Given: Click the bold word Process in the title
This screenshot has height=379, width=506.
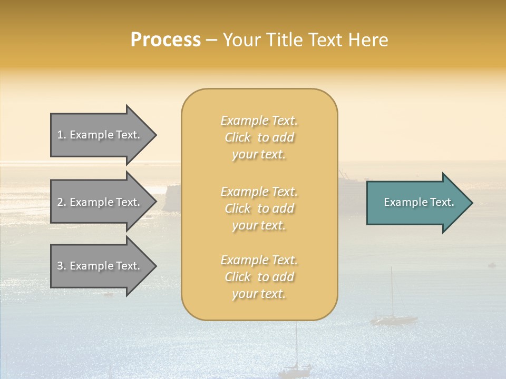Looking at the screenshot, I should pyautogui.click(x=166, y=40).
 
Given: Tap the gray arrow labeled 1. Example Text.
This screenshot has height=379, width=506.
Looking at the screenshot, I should pyautogui.click(x=100, y=135).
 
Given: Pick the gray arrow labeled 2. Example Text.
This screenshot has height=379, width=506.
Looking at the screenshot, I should pyautogui.click(x=100, y=202).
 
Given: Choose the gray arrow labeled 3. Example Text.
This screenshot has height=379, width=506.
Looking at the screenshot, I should pyautogui.click(x=100, y=266).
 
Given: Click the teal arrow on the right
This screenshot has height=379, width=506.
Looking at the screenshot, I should pyautogui.click(x=416, y=202).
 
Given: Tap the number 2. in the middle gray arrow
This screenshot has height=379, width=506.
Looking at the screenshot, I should pyautogui.click(x=61, y=202).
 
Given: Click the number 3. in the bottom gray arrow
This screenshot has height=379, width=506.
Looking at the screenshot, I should pyautogui.click(x=61, y=266).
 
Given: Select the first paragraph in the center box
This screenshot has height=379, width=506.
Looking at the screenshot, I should pyautogui.click(x=259, y=137).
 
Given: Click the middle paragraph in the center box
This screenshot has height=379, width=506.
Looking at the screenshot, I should pyautogui.click(x=259, y=208).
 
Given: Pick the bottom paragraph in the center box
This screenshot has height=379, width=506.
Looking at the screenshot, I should pyautogui.click(x=259, y=277).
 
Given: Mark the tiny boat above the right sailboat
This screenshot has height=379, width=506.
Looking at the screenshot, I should pyautogui.click(x=491, y=265).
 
